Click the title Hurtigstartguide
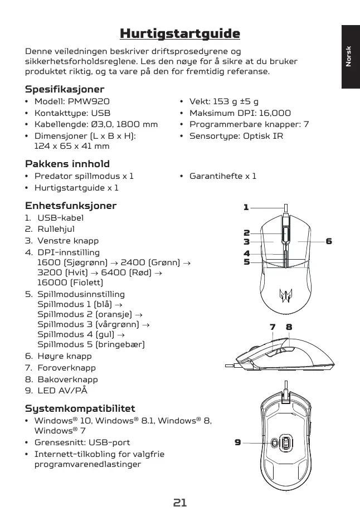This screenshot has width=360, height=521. [180, 34]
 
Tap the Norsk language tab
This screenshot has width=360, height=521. [348, 56]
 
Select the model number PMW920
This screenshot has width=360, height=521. [89, 101]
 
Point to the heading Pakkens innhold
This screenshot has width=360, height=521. [67, 164]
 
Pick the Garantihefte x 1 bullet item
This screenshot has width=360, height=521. [223, 176]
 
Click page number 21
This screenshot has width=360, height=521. [179, 503]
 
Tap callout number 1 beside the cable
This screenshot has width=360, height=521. [246, 207]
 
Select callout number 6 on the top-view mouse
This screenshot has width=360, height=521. [329, 241]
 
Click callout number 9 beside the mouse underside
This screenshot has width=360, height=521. [238, 442]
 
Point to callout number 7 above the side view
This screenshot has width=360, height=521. [273, 327]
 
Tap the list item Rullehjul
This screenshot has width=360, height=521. [56, 229]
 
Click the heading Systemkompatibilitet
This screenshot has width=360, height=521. [80, 408]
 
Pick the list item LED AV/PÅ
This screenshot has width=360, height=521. [62, 391]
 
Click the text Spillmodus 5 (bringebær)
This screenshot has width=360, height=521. [91, 344]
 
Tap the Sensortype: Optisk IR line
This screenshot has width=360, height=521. [236, 135]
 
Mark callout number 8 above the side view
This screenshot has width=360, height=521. [289, 327]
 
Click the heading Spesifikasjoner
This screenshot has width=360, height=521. [65, 89]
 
